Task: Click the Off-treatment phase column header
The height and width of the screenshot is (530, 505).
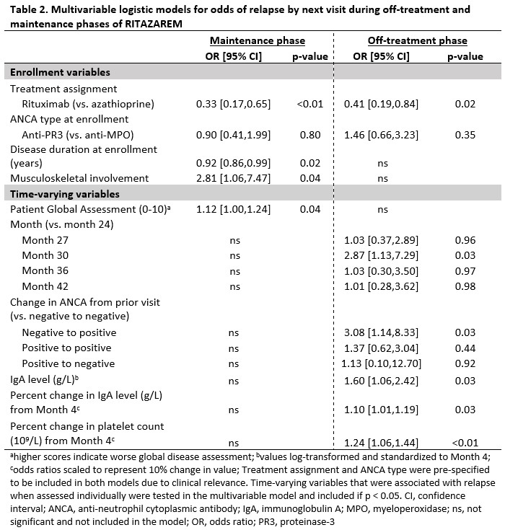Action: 417,41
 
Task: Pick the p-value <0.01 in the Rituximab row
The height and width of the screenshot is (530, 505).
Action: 312,105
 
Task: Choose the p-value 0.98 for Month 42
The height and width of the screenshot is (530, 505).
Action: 465,286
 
